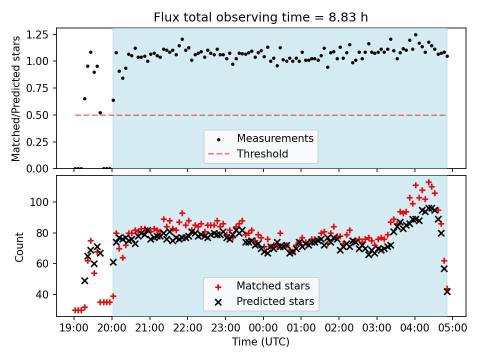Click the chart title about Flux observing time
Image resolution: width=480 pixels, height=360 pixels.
260,17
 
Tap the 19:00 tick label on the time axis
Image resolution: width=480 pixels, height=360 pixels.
74,328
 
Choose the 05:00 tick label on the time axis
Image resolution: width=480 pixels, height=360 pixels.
452,328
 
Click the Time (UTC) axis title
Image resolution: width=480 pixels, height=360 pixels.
260,342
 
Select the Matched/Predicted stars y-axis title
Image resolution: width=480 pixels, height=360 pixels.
16,98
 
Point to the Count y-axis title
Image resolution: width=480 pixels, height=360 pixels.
19,246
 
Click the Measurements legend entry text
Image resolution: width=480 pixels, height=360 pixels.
275,138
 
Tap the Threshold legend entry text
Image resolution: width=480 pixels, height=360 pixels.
262,154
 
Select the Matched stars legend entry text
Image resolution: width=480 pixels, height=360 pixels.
273,286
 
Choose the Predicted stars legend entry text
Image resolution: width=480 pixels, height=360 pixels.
275,301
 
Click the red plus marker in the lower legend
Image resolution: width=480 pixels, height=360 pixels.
218,286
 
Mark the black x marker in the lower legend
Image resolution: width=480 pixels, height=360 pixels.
218,302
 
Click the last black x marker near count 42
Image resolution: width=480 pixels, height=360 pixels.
447,291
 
